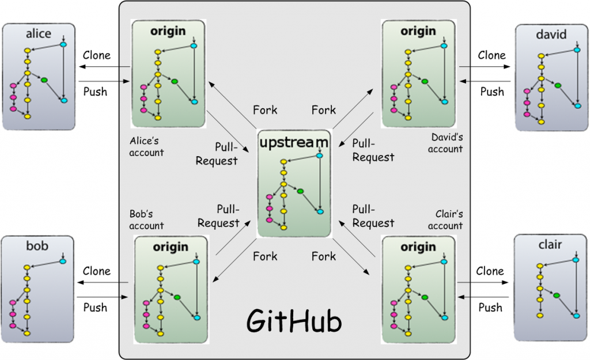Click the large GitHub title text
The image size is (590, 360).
click(x=294, y=321)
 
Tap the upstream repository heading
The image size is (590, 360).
click(x=294, y=142)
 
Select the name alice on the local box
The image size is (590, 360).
click(x=39, y=33)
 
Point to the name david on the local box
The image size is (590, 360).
click(x=551, y=34)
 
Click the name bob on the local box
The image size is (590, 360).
click(x=37, y=245)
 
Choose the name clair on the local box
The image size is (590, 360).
click(x=550, y=245)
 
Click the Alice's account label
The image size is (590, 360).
click(x=146, y=146)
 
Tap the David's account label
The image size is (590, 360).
click(x=445, y=143)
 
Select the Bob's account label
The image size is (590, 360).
click(x=146, y=219)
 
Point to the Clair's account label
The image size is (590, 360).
click(x=445, y=219)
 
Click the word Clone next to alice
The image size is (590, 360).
click(x=97, y=55)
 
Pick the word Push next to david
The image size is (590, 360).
click(x=492, y=92)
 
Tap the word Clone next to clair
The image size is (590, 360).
click(x=490, y=271)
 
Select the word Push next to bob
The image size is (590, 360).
click(x=95, y=308)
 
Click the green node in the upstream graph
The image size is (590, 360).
click(x=300, y=191)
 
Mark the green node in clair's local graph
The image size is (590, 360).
click(x=557, y=295)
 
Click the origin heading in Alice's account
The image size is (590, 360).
click(x=168, y=31)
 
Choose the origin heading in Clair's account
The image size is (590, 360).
click(x=418, y=247)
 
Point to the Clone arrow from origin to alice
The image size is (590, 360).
click(x=104, y=67)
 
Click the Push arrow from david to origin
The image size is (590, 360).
click(x=485, y=81)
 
